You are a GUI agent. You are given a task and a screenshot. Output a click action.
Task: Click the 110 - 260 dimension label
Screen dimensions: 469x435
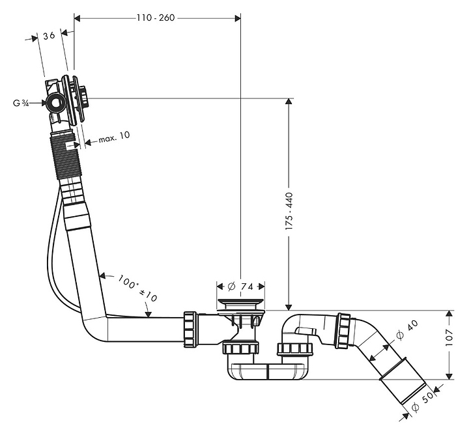(x=156, y=18)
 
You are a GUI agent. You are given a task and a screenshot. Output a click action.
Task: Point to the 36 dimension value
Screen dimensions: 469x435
(x=49, y=36)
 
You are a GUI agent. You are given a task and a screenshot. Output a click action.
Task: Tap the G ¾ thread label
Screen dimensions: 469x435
(x=21, y=103)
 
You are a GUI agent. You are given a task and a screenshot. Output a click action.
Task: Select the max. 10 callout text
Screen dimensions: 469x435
(x=114, y=137)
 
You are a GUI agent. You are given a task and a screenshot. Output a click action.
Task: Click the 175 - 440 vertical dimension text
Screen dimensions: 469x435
(x=289, y=212)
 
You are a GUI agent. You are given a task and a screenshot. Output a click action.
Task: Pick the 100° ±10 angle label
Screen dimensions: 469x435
(x=137, y=288)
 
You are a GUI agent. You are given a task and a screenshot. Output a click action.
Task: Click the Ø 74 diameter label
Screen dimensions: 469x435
(x=240, y=287)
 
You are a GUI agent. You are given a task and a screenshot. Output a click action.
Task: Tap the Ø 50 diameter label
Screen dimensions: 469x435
(x=422, y=402)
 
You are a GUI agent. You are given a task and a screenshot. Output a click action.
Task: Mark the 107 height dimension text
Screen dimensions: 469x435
(x=449, y=338)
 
